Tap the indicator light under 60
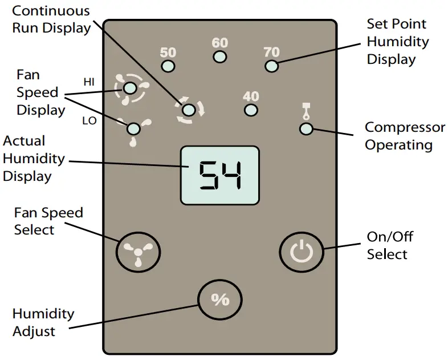tap(220, 56)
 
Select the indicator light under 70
tap(272, 66)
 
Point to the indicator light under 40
tap(251, 110)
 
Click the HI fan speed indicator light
tap(130, 88)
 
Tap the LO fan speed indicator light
tap(134, 128)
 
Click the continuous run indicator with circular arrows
tap(190, 110)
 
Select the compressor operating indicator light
tap(306, 128)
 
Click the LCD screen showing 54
tap(219, 175)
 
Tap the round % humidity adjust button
tap(220, 300)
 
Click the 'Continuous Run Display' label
tap(51, 19)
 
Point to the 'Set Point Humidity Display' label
tap(397, 41)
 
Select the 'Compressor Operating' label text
tap(398, 136)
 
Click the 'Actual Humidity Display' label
tap(34, 158)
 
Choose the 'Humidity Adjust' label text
tap(43, 322)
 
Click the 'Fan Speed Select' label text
tap(48, 221)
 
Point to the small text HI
tap(89, 82)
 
